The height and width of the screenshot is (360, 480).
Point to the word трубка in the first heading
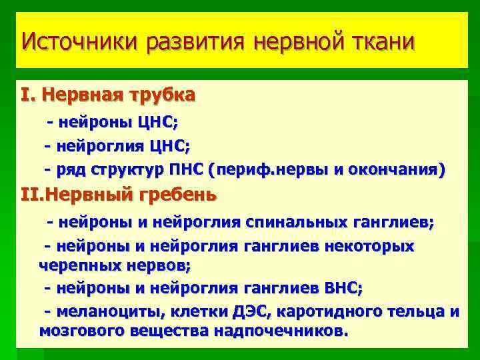(x=163, y=95)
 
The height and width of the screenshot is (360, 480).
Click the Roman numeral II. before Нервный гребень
(x=32, y=195)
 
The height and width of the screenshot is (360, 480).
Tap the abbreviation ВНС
(x=341, y=288)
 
